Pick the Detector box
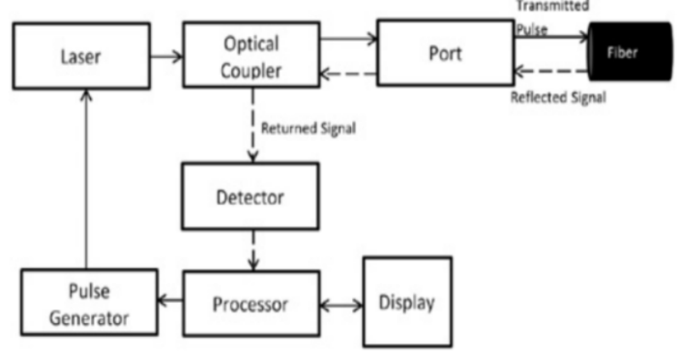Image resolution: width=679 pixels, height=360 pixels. pos(250,196)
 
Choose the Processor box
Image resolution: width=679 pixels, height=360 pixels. pos(250,304)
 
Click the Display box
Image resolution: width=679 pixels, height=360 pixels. pos(406,301)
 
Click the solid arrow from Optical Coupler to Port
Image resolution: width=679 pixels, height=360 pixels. pos(347,39)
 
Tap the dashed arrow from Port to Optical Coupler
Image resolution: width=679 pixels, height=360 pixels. pos(347,70)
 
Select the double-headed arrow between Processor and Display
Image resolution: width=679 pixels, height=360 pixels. pos(339,304)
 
